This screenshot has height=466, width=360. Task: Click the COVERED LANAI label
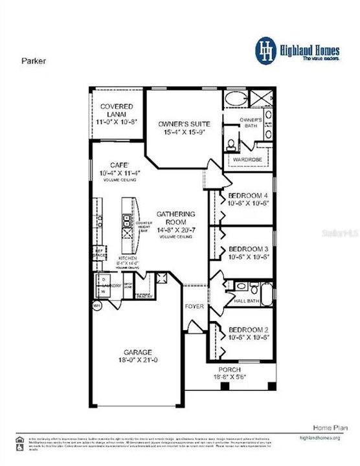[117, 106]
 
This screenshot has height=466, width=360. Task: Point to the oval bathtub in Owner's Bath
[234, 100]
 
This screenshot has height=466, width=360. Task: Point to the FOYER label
[194, 305]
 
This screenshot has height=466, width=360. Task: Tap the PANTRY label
[144, 296]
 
